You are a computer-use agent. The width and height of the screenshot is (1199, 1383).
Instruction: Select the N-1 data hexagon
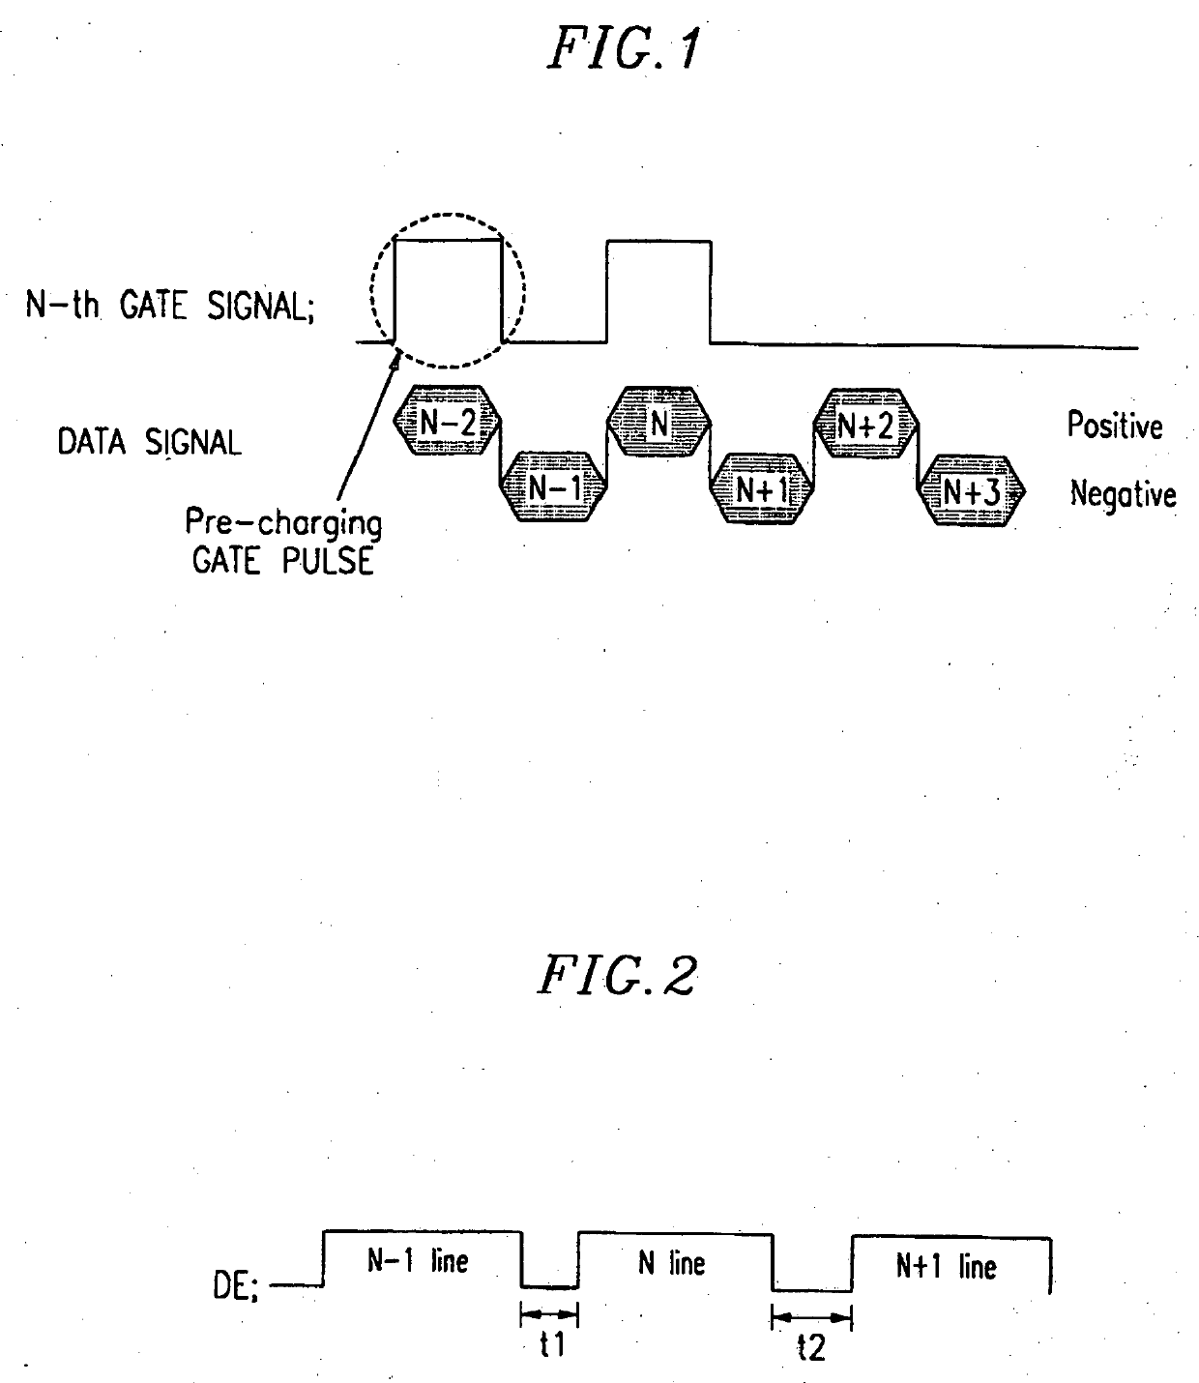point(554,488)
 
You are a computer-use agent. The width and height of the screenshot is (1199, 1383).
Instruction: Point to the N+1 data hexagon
point(762,489)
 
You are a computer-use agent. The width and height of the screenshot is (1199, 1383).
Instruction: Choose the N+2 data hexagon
point(865,422)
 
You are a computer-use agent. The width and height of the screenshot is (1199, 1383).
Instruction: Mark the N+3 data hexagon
point(970,491)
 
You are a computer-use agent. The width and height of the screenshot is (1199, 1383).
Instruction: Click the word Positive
point(1115,426)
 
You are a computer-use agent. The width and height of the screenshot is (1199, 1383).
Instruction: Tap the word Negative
point(1123,495)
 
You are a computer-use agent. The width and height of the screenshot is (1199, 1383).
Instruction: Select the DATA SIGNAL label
point(149,443)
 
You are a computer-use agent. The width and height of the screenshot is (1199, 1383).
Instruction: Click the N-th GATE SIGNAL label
point(170,307)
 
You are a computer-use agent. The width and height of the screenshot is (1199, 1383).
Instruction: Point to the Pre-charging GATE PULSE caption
point(283,543)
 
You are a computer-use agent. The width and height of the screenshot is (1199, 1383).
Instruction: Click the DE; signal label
point(235,1288)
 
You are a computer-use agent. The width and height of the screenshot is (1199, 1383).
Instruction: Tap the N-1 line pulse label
point(418,1260)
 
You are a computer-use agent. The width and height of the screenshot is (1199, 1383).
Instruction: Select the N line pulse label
point(671,1263)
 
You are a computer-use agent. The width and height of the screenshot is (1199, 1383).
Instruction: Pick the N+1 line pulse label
point(946,1266)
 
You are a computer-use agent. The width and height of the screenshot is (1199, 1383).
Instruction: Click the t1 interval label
point(551,1345)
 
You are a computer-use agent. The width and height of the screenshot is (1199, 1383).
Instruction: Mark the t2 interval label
point(812,1348)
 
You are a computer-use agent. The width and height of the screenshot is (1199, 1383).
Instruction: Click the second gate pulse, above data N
point(658,290)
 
